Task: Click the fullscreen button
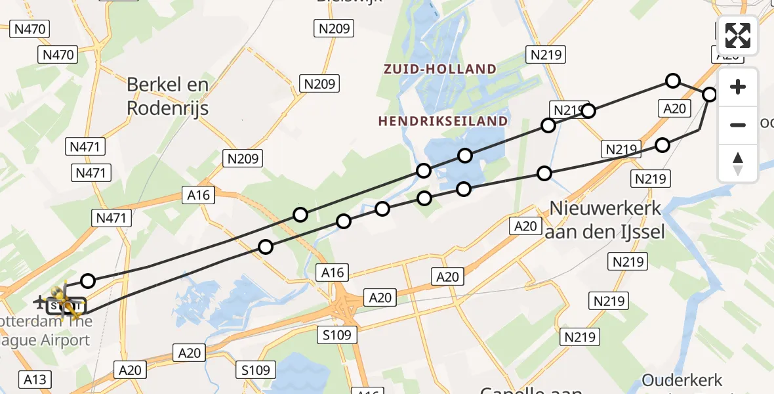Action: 738,35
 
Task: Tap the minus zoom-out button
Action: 738,125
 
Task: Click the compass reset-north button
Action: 738,163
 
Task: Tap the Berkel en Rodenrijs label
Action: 167,96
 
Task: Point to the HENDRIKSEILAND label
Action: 443,121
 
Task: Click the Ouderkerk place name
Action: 682,380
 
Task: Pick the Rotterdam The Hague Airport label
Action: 46,331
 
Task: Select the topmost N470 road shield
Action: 30,28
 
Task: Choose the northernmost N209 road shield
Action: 335,28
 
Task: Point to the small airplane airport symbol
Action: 40,302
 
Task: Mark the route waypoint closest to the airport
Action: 87,281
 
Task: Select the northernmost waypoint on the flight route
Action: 672,81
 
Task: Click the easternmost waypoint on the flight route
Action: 710,95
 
